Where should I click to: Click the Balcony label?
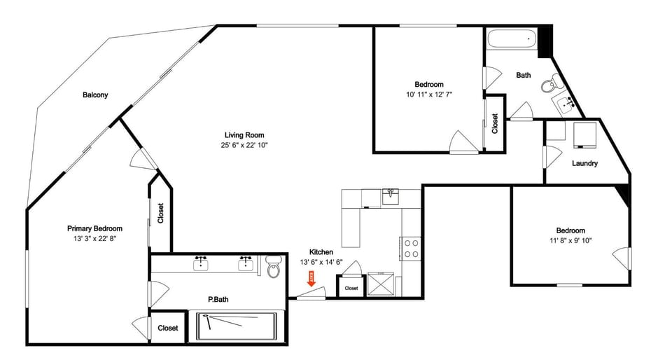(x=95, y=95)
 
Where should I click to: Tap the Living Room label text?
(x=244, y=135)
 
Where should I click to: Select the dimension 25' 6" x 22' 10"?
(x=244, y=145)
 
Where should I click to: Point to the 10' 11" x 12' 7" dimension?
(x=429, y=95)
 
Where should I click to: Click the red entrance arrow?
(x=311, y=278)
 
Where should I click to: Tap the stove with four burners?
(x=411, y=249)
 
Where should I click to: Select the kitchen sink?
(x=391, y=195)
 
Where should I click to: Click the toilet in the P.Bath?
(x=274, y=269)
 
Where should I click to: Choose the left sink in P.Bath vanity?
(x=202, y=263)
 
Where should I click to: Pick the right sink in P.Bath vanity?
(x=246, y=263)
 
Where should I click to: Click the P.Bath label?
(x=218, y=300)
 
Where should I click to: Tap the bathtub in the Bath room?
(x=511, y=39)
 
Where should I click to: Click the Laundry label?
(x=584, y=164)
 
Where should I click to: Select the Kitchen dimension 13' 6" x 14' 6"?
(x=321, y=262)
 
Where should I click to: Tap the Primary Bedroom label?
(x=94, y=228)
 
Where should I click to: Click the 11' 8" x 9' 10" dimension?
(x=570, y=241)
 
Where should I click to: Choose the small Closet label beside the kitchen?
(x=351, y=288)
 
